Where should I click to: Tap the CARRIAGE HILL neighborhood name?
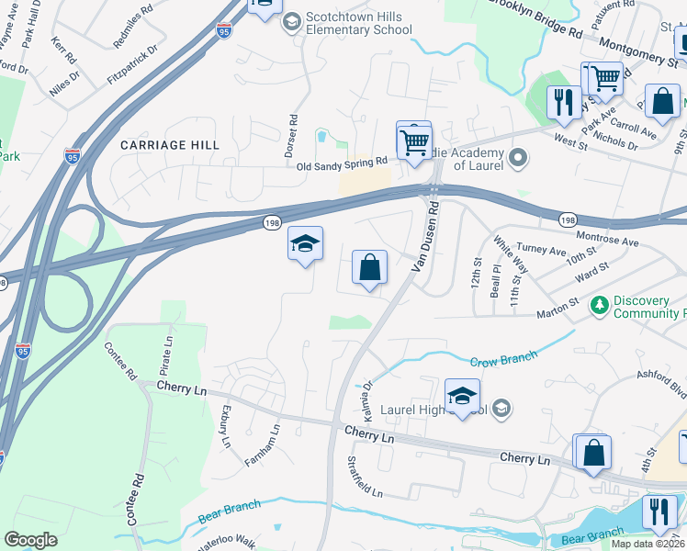(x=170, y=145)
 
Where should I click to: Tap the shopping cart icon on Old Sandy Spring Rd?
(x=414, y=142)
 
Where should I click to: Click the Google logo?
(x=31, y=539)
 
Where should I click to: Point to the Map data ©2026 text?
(x=648, y=544)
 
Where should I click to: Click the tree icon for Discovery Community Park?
(x=599, y=304)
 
